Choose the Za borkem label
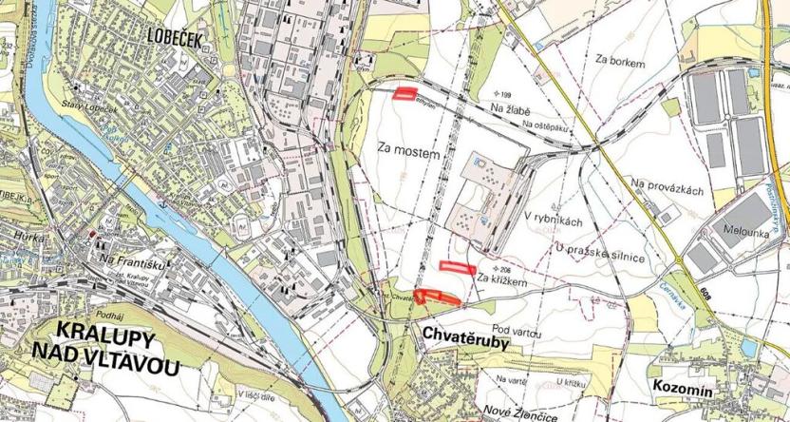621,62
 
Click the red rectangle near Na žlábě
407,93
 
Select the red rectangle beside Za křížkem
457,268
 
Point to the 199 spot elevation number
503,96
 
